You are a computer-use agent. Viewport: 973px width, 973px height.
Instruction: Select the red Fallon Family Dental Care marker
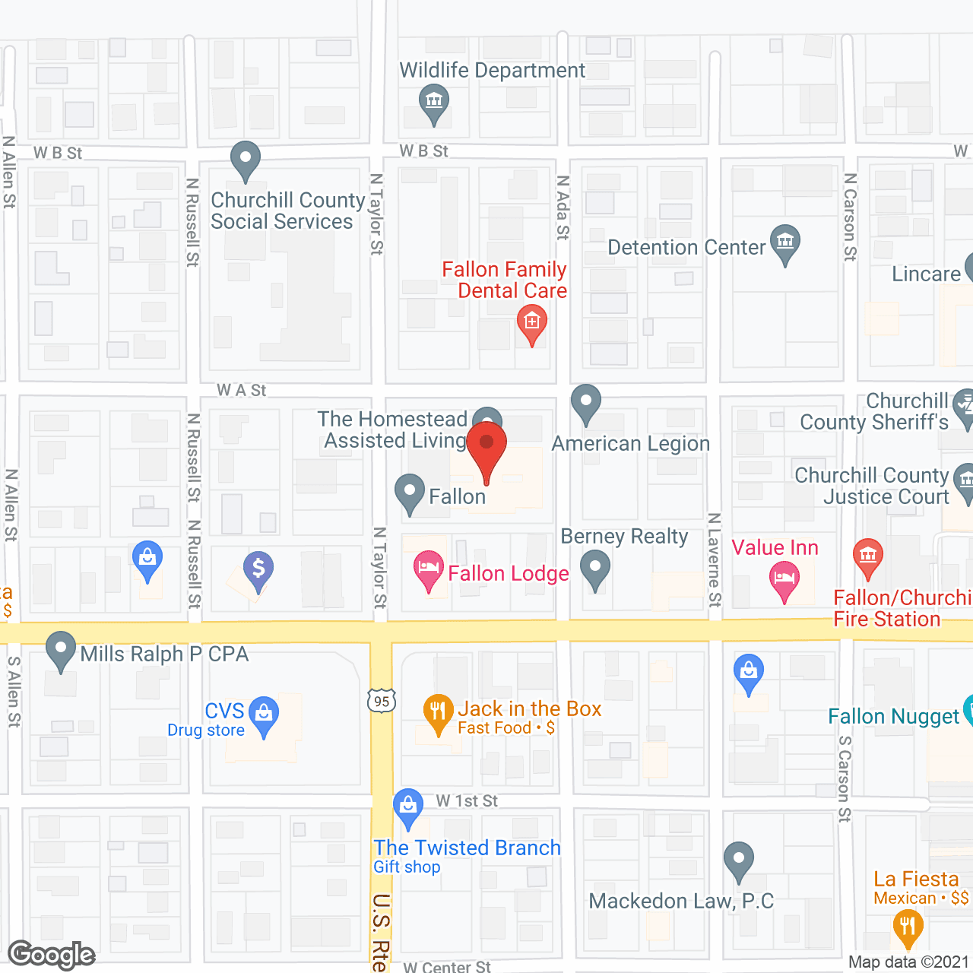pyautogui.click(x=532, y=323)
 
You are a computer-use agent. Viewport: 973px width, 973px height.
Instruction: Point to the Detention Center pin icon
pyautogui.click(x=785, y=242)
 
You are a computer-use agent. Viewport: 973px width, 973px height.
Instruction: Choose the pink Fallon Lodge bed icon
pyautogui.click(x=429, y=569)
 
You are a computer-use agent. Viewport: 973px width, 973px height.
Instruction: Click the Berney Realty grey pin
pyautogui.click(x=595, y=569)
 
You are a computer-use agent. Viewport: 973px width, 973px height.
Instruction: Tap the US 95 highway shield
pyautogui.click(x=382, y=700)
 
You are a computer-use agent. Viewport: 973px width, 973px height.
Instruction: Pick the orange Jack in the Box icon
pyautogui.click(x=438, y=712)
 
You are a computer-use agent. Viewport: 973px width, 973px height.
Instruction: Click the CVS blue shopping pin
pyautogui.click(x=264, y=715)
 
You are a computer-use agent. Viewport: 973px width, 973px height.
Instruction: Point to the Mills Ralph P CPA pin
pyautogui.click(x=61, y=650)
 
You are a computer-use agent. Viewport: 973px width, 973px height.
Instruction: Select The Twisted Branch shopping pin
pyautogui.click(x=408, y=806)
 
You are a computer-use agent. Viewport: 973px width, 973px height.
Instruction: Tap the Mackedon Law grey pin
pyautogui.click(x=738, y=860)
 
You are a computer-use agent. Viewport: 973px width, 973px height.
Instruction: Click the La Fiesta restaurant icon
pyautogui.click(x=908, y=927)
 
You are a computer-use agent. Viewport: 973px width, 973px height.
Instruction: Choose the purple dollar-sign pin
pyautogui.click(x=258, y=569)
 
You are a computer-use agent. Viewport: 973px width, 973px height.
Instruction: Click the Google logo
pyautogui.click(x=52, y=955)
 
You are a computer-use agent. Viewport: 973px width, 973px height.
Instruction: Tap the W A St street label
pyautogui.click(x=242, y=390)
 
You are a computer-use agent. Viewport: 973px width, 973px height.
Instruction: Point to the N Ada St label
pyautogui.click(x=563, y=208)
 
